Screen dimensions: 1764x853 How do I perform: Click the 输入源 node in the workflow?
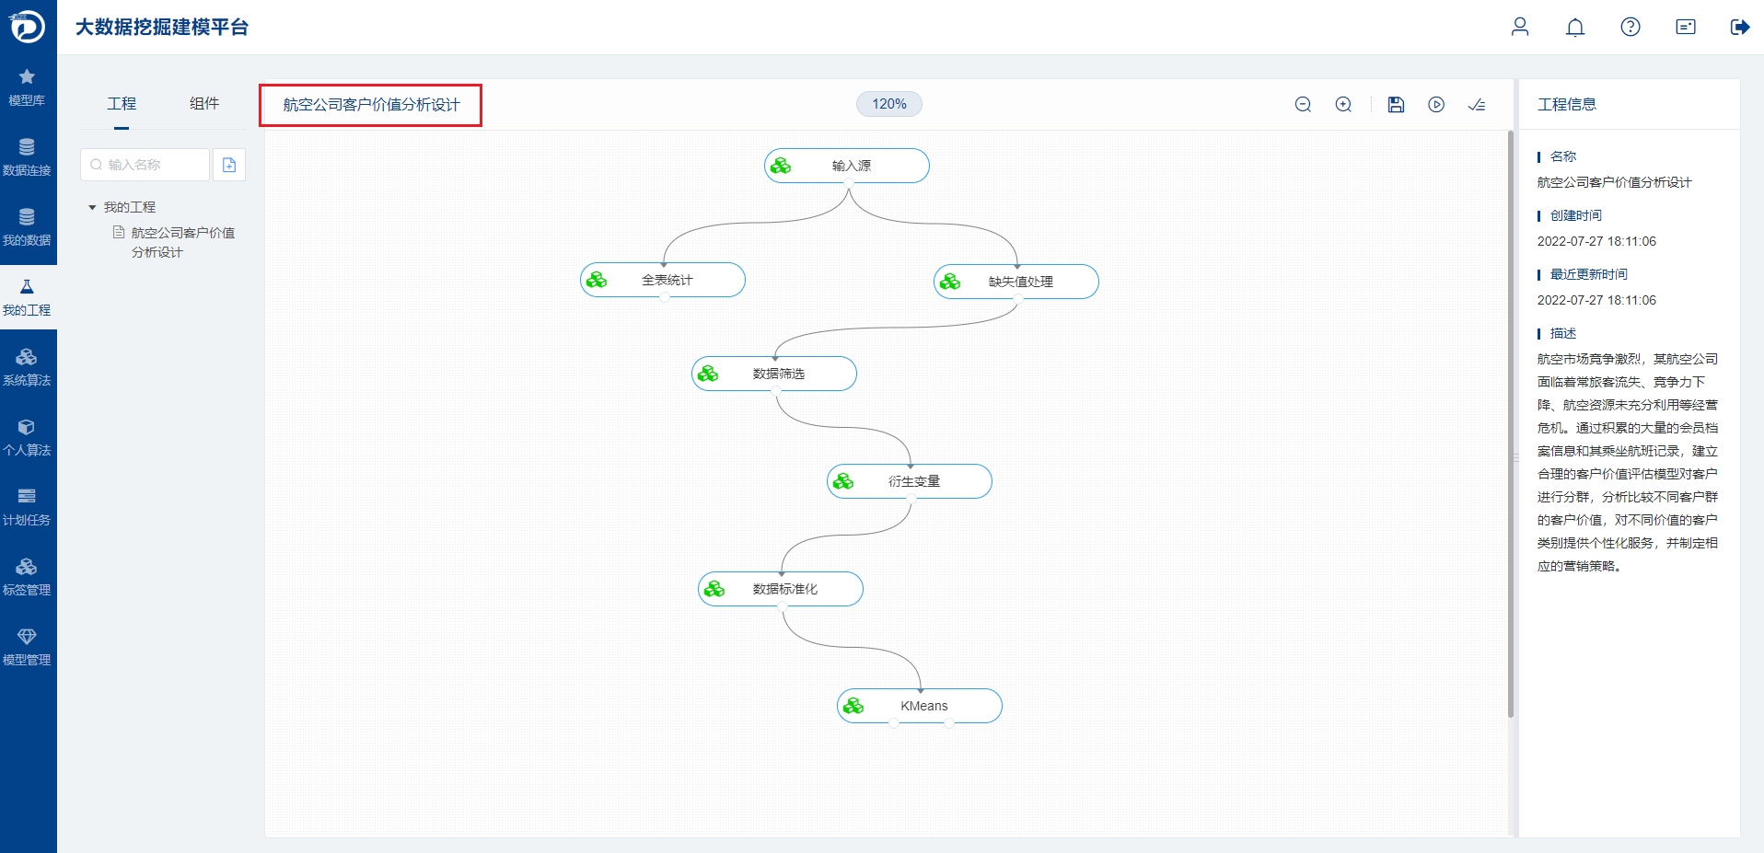(847, 166)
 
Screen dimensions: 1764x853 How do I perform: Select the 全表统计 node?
(663, 280)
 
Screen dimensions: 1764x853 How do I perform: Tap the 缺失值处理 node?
(1016, 282)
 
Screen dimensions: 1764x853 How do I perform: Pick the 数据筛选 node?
(774, 374)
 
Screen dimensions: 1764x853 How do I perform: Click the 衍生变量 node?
(910, 481)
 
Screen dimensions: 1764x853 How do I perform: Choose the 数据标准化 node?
(781, 589)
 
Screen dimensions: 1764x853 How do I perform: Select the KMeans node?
(920, 706)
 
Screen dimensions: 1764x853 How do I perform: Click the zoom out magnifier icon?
(1303, 105)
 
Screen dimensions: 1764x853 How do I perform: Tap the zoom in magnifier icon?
(1344, 105)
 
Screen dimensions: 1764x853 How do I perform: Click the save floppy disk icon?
(1396, 105)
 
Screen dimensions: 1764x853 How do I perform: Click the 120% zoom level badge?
(889, 104)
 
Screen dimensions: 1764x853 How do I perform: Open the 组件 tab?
(204, 103)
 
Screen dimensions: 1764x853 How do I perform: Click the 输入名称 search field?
(145, 165)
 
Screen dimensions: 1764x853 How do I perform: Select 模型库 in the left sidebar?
(27, 87)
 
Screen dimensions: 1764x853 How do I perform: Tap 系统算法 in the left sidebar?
(27, 368)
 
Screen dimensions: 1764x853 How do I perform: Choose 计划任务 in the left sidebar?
(27, 508)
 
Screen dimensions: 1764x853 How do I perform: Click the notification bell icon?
(1575, 28)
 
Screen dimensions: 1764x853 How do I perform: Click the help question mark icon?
(1631, 27)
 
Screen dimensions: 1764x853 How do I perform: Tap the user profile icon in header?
(1520, 27)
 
